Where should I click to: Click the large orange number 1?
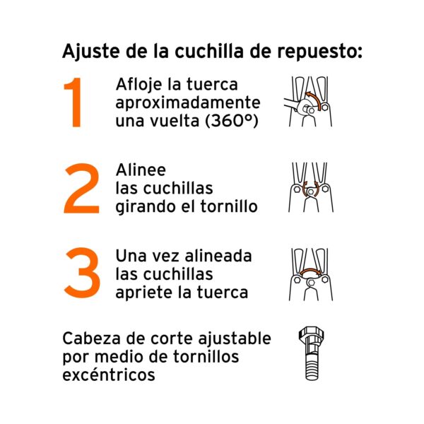tap(73, 102)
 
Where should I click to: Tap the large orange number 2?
tap(82, 189)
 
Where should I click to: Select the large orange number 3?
tap(82, 273)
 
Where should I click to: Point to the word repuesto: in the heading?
tap(319, 52)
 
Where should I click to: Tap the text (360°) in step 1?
tap(232, 120)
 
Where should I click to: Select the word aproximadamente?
tap(188, 103)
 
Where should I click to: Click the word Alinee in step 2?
tap(141, 170)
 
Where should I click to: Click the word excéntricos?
tap(109, 375)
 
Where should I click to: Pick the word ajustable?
tap(235, 339)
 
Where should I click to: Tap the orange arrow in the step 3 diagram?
tap(311, 271)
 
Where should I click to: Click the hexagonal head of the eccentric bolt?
tap(311, 335)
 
